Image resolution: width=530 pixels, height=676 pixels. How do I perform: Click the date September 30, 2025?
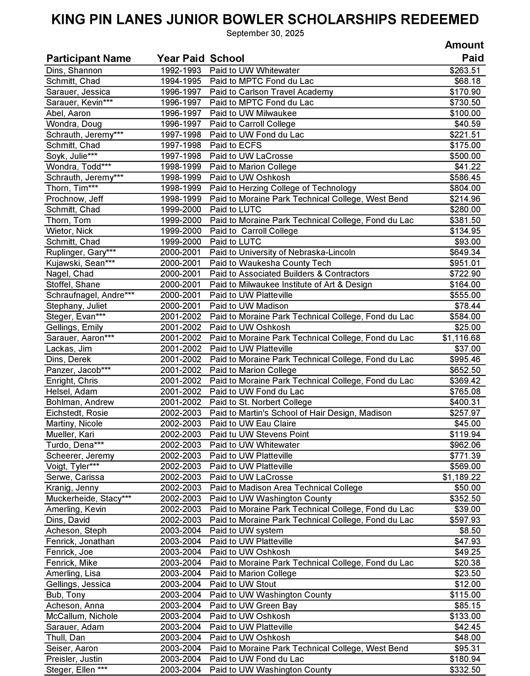click(265, 34)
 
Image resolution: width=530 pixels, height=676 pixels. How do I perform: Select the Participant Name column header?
click(89, 58)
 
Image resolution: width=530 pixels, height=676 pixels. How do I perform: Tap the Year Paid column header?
click(181, 58)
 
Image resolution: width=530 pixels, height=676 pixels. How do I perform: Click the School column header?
click(227, 58)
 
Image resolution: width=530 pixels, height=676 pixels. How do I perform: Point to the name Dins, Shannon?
click(74, 71)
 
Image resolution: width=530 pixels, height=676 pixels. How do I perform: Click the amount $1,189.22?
click(461, 477)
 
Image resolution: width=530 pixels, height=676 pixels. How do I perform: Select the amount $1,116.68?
click(461, 338)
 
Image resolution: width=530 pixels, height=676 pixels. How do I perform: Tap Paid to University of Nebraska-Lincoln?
click(283, 252)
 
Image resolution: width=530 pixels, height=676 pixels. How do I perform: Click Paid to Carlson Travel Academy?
click(271, 92)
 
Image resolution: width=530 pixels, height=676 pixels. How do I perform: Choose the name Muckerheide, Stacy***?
click(89, 498)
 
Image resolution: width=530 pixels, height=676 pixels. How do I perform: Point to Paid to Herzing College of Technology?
click(283, 188)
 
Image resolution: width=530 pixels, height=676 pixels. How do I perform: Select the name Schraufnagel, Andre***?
click(91, 295)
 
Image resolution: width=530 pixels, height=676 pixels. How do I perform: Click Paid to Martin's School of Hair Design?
click(300, 413)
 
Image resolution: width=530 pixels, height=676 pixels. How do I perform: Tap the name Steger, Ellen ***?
click(77, 670)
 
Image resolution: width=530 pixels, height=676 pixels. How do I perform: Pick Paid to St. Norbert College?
click(261, 402)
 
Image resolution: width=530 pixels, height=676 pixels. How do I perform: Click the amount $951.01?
click(465, 263)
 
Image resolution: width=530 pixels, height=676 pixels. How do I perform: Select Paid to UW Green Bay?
click(253, 606)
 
